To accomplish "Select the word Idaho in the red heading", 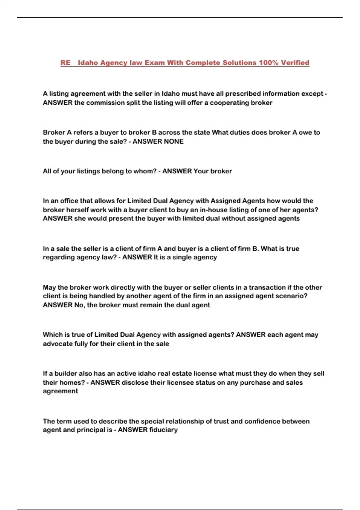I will [88, 63].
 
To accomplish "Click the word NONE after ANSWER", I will [173, 141].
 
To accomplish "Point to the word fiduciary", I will [163, 430].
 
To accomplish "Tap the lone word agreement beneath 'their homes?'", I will [60, 391].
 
